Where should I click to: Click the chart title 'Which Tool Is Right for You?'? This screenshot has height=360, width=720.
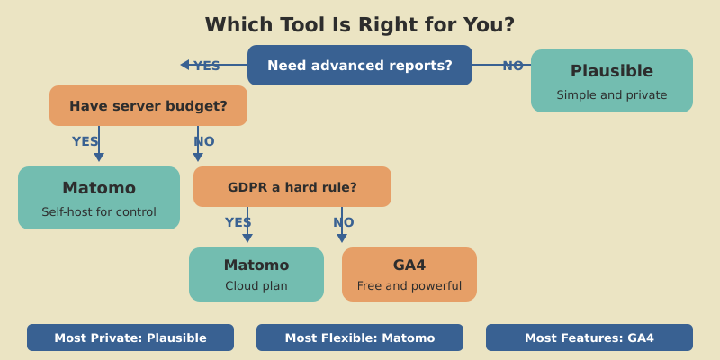point(360,25)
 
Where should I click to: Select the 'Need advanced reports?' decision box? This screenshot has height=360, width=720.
point(360,66)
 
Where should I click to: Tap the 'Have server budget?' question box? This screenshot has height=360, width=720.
point(148,106)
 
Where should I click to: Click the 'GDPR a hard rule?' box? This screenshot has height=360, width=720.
point(292,187)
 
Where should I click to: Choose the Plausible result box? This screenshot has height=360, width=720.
point(612,81)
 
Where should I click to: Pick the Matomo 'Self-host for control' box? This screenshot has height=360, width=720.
point(99,198)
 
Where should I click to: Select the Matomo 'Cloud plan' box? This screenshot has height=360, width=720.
point(256,274)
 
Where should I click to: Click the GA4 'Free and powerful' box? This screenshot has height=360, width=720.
point(409,274)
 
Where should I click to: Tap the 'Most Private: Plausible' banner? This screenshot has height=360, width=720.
point(130,337)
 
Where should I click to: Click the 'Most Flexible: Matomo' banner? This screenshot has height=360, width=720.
point(360,337)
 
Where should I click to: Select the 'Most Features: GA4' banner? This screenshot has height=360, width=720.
point(589,337)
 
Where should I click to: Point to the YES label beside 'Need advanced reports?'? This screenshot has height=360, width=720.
point(207,66)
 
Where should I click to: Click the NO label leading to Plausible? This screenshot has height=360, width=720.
point(513,66)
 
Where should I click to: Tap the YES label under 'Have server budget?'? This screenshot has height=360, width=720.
point(85,141)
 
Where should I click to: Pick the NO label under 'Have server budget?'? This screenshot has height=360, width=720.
point(204,141)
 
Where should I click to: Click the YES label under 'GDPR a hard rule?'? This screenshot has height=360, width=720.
point(238,222)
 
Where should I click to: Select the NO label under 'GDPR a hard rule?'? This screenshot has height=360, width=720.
point(344,222)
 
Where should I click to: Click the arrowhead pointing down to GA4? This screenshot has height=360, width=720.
point(342,238)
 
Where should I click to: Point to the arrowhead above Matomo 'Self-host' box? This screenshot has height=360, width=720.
point(99,157)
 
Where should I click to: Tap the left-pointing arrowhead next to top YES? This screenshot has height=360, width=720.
point(184,65)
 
